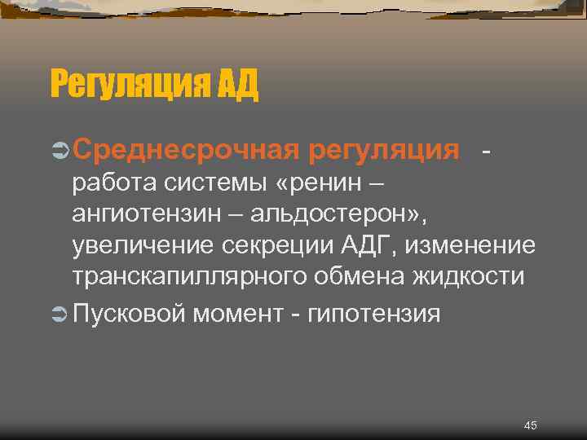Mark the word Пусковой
130,313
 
